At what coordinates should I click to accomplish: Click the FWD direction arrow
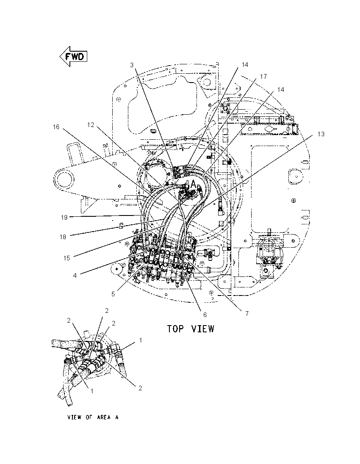point(73,56)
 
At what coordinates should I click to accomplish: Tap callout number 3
point(132,65)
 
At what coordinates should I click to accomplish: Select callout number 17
point(263,76)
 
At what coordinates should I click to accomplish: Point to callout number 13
point(321,134)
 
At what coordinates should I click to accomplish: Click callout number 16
point(56,127)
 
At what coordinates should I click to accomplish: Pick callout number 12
point(91,125)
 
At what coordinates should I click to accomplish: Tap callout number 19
point(64,218)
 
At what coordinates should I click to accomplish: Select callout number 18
point(63,237)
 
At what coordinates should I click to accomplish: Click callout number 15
point(66,258)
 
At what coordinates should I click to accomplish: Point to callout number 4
point(75,276)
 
